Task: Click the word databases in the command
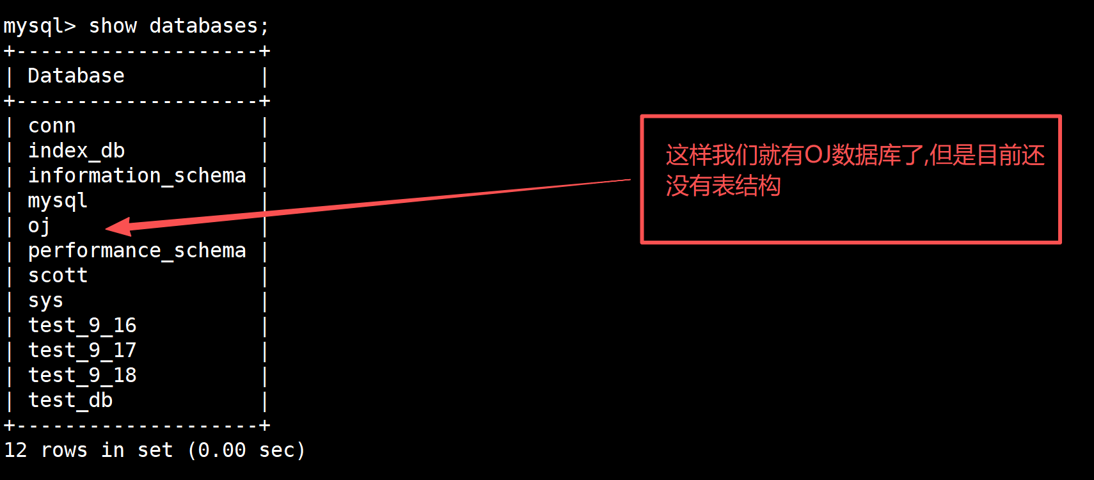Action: pos(203,26)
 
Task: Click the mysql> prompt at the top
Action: pos(39,26)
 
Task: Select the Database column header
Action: pos(75,76)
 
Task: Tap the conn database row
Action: pos(52,126)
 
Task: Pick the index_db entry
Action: pos(76,151)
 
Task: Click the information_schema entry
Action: pos(137,175)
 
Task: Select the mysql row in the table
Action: pos(58,201)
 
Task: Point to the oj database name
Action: pos(39,226)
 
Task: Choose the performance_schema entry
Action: pos(137,251)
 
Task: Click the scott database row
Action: pos(58,276)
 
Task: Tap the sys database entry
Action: pos(45,301)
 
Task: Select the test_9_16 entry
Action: pos(82,326)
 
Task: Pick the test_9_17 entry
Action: pos(82,351)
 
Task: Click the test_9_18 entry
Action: pos(82,376)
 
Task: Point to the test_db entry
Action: pos(70,401)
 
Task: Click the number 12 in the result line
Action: pos(15,451)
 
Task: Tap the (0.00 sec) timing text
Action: pos(246,451)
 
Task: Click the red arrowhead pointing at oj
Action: pos(118,227)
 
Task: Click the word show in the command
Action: pos(113,26)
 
